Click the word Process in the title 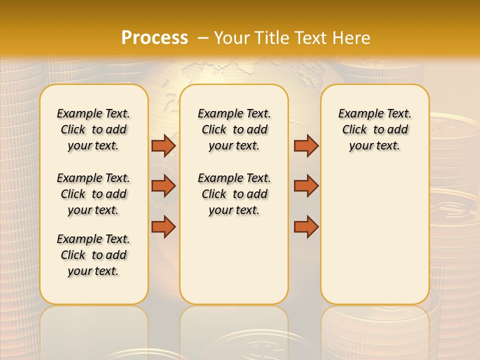tap(154, 37)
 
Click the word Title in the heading tap(272, 37)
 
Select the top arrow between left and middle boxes tap(163, 145)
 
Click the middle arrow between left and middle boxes tap(163, 186)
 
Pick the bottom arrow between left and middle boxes tap(163, 226)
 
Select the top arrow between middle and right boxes tap(306, 145)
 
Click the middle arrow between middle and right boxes tap(306, 186)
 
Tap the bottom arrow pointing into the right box tap(306, 226)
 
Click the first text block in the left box tap(93, 129)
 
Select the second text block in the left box tap(93, 194)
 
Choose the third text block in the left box tap(93, 255)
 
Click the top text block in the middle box tap(234, 129)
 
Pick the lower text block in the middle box tap(234, 194)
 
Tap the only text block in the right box tap(374, 129)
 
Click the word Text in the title tap(312, 37)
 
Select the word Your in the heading tap(231, 37)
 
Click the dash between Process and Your tap(202, 37)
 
